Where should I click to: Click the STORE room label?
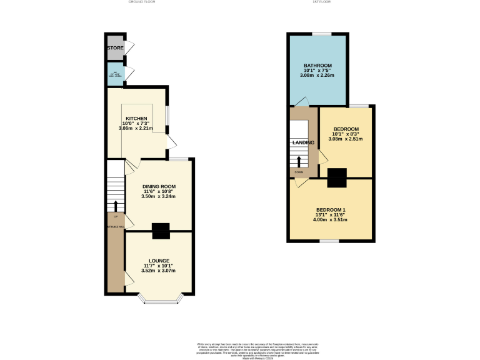pyautogui.click(x=115, y=48)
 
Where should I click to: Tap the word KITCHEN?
pyautogui.click(x=136, y=119)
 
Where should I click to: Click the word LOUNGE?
pyautogui.click(x=159, y=261)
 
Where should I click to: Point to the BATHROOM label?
pyautogui.click(x=317, y=66)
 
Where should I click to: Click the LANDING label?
pyautogui.click(x=302, y=142)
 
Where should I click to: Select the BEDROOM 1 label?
pyautogui.click(x=331, y=209)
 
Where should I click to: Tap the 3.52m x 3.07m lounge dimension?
pyautogui.click(x=159, y=271)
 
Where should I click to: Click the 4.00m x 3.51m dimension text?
pyautogui.click(x=331, y=219)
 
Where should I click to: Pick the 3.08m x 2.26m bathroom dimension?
pyautogui.click(x=317, y=75)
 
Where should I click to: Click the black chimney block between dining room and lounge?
pyautogui.click(x=161, y=231)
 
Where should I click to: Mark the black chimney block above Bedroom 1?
pyautogui.click(x=337, y=178)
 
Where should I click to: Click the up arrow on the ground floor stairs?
pyautogui.click(x=116, y=206)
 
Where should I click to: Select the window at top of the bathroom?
pyautogui.click(x=322, y=33)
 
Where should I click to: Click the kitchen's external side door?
pyautogui.click(x=170, y=141)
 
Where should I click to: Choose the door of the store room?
pyautogui.click(x=129, y=47)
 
